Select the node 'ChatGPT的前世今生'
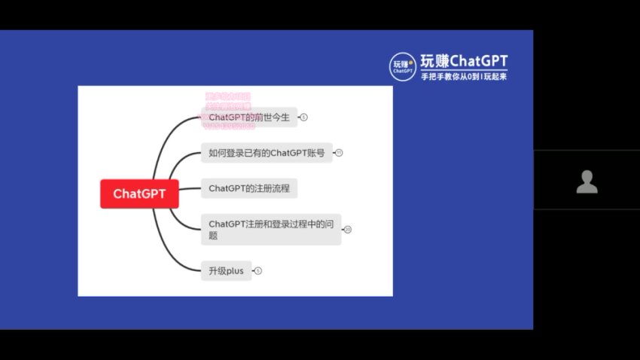249,117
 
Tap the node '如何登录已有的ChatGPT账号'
267,153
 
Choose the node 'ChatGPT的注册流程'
249,188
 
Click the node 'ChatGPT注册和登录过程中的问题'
270,229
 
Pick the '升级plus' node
226,271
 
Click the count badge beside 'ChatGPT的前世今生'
304,117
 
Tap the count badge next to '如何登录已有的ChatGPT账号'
339,153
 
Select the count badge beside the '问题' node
347,229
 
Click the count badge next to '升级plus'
258,271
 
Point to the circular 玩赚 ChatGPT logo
403,66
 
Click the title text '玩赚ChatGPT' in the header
463,61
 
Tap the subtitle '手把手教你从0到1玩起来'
463,77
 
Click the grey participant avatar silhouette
587,182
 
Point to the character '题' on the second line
213,236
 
